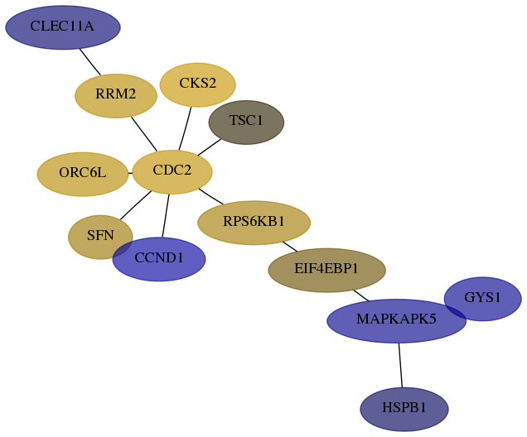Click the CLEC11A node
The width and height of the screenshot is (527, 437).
pyautogui.click(x=63, y=27)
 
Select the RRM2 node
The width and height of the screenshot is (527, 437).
pyautogui.click(x=116, y=96)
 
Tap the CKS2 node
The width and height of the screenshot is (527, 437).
pyautogui.click(x=197, y=84)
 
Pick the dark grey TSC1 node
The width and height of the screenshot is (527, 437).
pyautogui.click(x=246, y=122)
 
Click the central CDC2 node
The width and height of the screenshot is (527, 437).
pyautogui.click(x=172, y=172)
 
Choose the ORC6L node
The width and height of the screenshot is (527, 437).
pyautogui.click(x=83, y=174)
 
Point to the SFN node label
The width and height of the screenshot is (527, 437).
pyautogui.click(x=100, y=235)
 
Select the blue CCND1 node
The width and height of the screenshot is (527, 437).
pyautogui.click(x=159, y=259)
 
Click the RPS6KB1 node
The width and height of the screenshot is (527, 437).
pyautogui.click(x=254, y=223)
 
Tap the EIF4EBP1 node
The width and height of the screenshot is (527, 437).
pyautogui.click(x=326, y=270)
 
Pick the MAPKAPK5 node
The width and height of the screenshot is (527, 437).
pyautogui.click(x=397, y=321)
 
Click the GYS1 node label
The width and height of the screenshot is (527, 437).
pyautogui.click(x=482, y=297)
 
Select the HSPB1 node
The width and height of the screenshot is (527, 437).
pyautogui.click(x=404, y=409)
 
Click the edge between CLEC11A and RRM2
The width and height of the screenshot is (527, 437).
pyautogui.click(x=90, y=62)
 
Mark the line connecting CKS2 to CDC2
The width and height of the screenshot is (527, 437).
pyautogui.click(x=185, y=128)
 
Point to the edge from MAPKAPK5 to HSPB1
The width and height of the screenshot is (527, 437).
pyautogui.click(x=400, y=365)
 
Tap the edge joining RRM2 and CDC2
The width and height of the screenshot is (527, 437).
pyautogui.click(x=144, y=134)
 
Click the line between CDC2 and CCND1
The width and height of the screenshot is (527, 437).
pyautogui.click(x=166, y=216)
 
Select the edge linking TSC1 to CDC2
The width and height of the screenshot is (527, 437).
pyautogui.click(x=210, y=147)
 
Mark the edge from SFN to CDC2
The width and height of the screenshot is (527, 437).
pyautogui.click(x=136, y=205)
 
